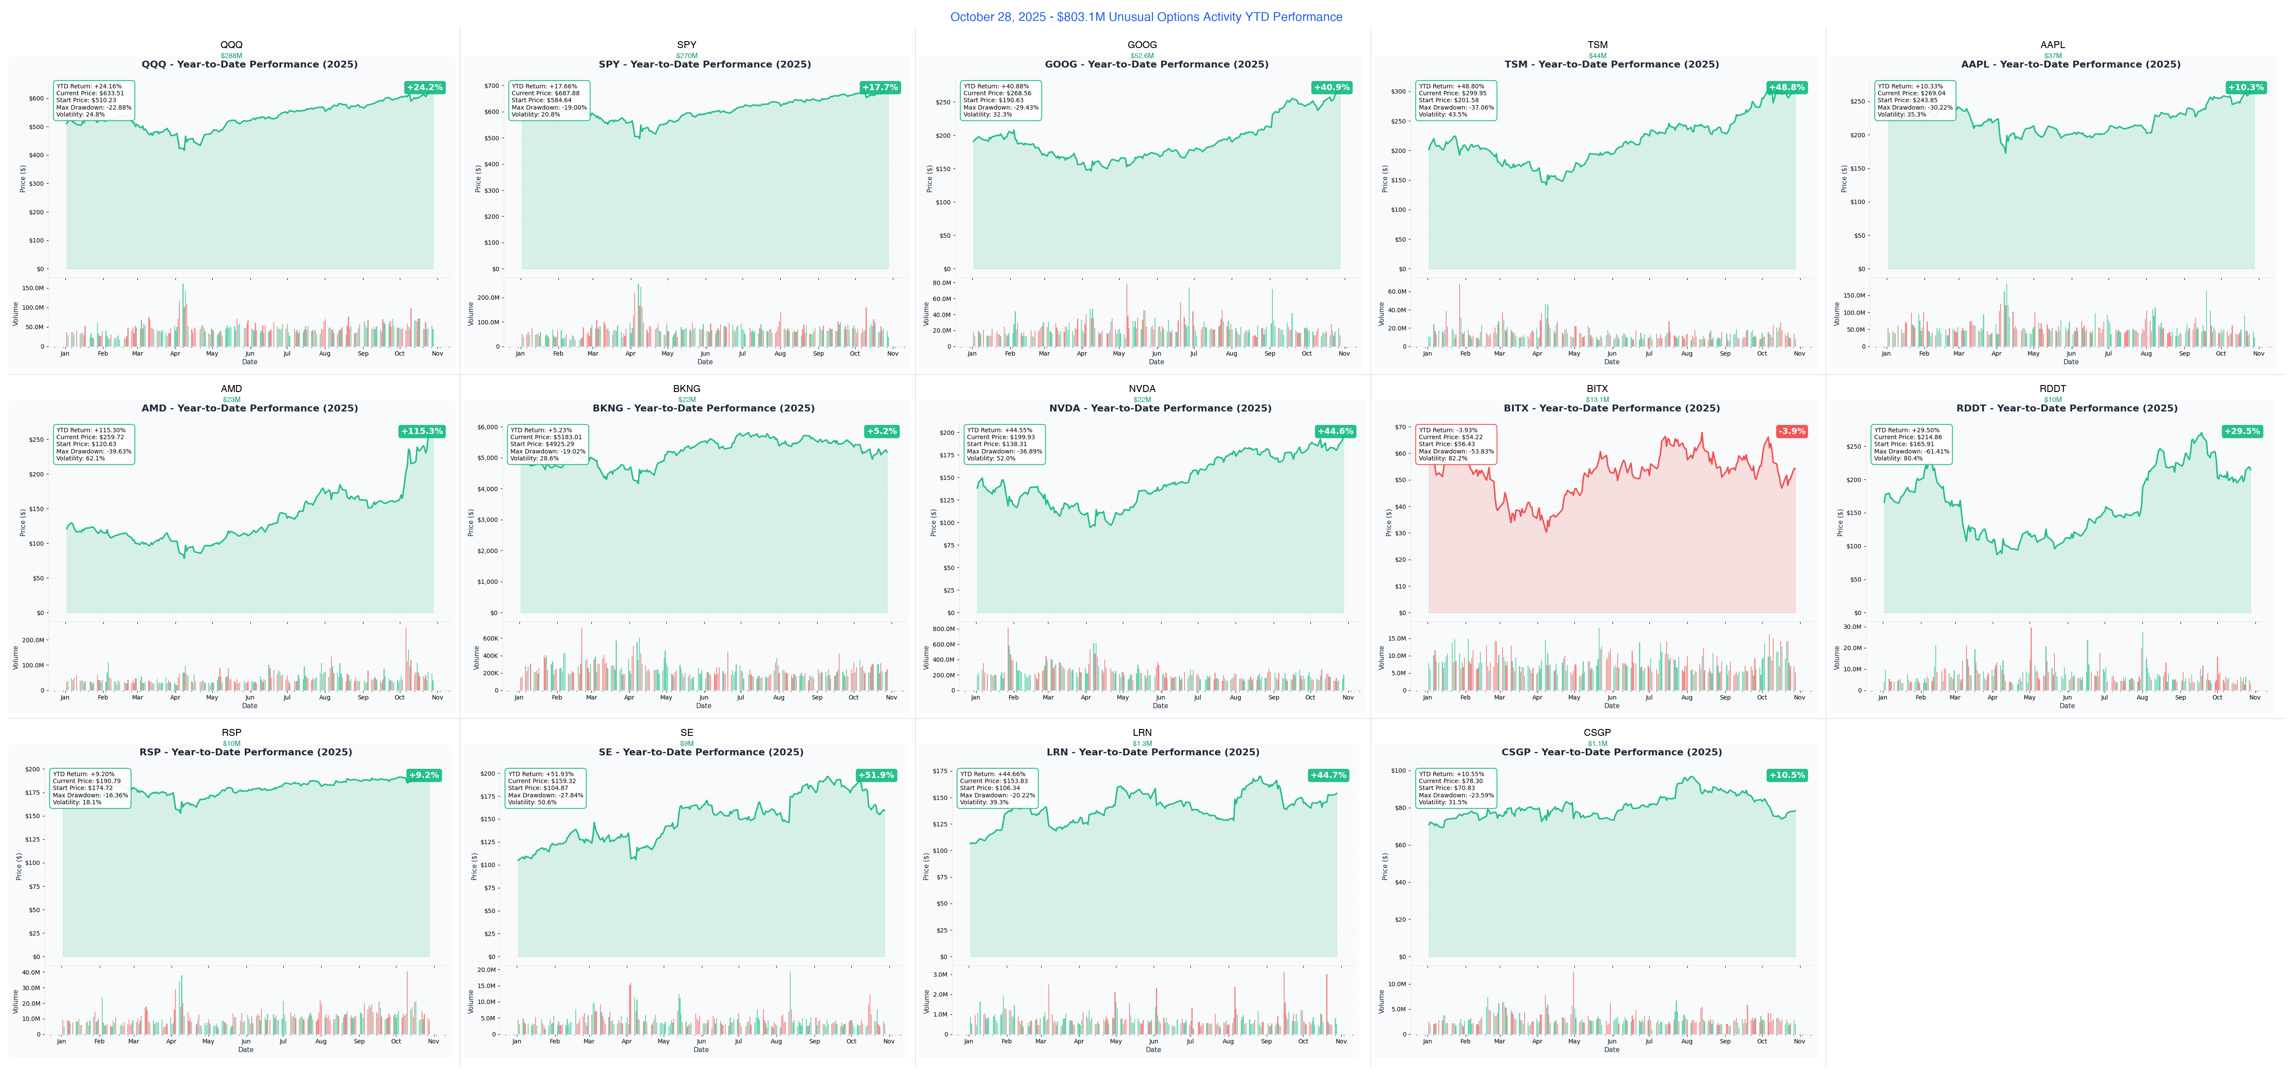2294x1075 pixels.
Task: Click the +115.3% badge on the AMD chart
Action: [421, 431]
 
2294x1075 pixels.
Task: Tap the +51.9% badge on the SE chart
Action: [876, 775]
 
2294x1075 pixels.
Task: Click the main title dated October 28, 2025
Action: [1146, 17]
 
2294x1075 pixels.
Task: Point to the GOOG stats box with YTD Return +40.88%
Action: [1001, 100]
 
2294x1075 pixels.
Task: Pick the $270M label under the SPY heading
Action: [687, 55]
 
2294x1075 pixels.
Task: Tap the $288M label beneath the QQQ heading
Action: [231, 55]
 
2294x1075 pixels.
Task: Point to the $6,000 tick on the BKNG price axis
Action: [487, 427]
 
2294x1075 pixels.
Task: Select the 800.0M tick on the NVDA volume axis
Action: [943, 629]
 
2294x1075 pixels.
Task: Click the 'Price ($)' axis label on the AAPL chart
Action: [1843, 178]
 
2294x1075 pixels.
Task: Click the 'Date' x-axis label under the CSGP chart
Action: [1612, 1050]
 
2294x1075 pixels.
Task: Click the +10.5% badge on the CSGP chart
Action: [1786, 775]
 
